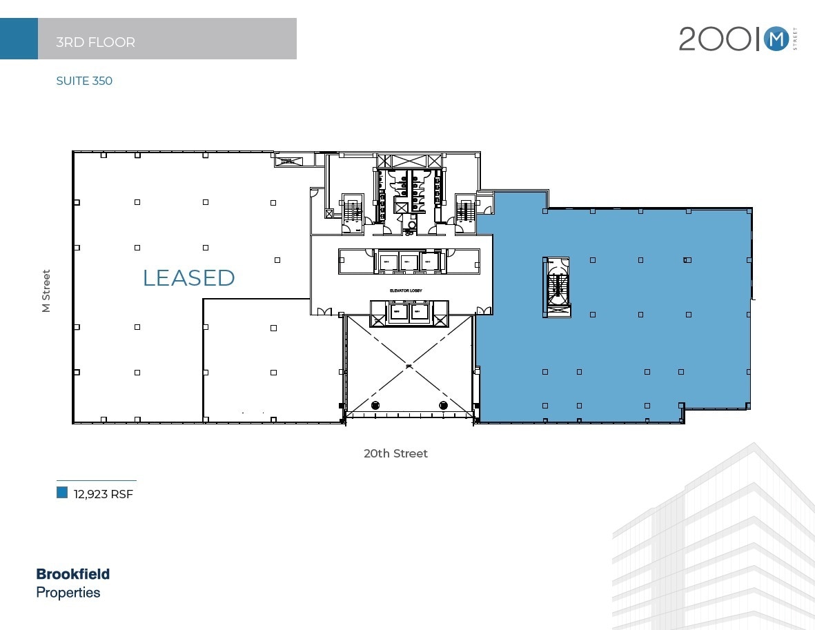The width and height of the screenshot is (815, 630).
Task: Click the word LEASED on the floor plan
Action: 188,277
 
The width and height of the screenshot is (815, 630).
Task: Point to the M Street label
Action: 46,291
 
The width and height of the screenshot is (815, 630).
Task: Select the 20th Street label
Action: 395,453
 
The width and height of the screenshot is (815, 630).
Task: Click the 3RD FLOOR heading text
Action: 95,42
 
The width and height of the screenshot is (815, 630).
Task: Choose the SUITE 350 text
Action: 84,81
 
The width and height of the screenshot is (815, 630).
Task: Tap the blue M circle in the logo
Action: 776,40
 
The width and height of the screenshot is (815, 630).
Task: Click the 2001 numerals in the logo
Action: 715,40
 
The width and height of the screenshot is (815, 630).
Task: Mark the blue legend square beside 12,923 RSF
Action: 62,493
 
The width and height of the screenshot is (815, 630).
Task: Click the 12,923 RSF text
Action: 104,494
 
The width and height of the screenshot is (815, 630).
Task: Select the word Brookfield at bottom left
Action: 72,574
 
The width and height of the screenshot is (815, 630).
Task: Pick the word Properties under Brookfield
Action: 68,593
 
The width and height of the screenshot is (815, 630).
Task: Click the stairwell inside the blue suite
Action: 557,286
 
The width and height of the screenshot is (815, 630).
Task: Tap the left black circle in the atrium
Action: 375,405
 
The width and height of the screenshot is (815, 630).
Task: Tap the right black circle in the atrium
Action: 443,405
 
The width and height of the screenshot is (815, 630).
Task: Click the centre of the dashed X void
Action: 409,366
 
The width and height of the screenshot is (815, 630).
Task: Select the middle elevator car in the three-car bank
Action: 409,262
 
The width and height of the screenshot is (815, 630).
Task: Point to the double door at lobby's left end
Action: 322,311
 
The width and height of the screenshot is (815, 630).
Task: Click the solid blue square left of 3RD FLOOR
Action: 19,39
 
